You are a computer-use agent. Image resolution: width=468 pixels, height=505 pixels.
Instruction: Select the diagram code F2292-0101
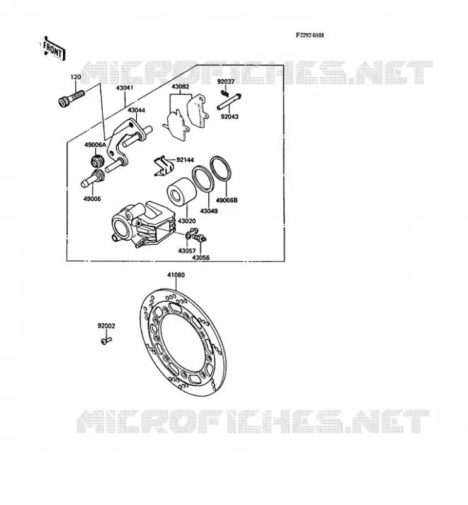(x=310, y=35)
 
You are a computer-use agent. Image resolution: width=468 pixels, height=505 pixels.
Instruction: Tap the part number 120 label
(x=76, y=77)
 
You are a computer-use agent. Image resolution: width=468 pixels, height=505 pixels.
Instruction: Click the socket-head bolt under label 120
(x=71, y=98)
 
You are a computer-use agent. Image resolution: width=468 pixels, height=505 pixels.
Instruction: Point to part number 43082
(x=180, y=86)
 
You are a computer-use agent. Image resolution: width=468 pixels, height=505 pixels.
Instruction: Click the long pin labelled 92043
(x=229, y=102)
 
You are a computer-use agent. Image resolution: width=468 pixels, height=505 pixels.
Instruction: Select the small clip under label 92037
(x=225, y=93)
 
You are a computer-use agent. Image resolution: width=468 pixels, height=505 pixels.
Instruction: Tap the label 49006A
(x=95, y=145)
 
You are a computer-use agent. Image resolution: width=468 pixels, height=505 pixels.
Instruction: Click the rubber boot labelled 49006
(x=92, y=179)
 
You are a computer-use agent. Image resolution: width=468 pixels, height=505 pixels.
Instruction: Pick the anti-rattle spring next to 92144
(x=164, y=167)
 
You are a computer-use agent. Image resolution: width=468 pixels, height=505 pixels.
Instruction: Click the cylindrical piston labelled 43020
(x=182, y=192)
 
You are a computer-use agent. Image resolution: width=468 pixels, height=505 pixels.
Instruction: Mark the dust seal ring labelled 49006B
(x=221, y=168)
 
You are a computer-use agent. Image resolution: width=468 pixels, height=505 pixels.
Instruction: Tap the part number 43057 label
(x=187, y=251)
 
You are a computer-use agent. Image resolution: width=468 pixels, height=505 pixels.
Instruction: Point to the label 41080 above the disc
(x=176, y=275)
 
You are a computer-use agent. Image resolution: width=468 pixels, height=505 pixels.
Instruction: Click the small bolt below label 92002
(x=106, y=340)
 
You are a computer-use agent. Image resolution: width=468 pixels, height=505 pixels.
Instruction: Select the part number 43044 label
(x=136, y=110)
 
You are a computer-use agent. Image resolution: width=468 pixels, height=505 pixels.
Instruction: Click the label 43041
(x=124, y=88)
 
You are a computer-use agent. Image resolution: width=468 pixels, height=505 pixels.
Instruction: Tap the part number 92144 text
(x=185, y=160)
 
